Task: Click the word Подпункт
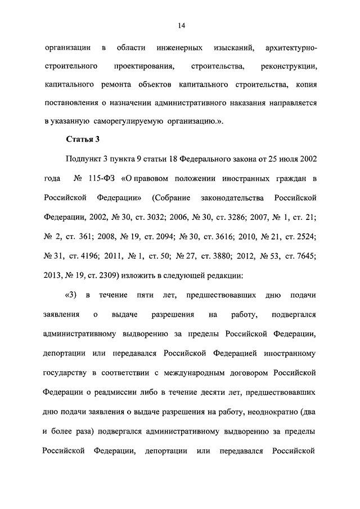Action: pyautogui.click(x=84, y=159)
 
